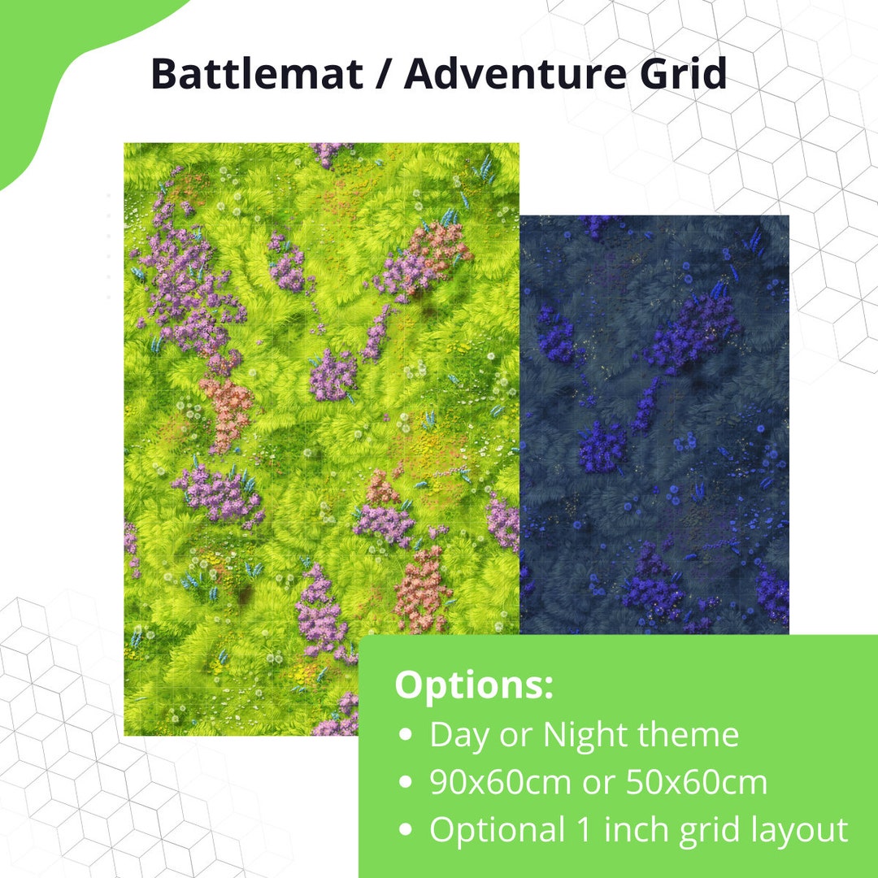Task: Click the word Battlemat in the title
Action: point(257,75)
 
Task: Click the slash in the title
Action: point(384,75)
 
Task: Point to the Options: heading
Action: point(474,685)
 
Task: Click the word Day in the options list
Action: point(459,736)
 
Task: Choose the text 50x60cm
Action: point(697,783)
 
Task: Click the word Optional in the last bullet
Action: point(497,830)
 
